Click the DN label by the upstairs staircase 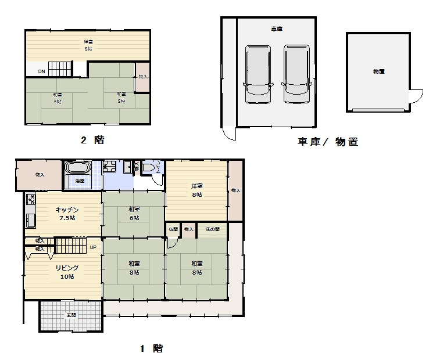pos(41,71)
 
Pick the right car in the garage pos(296,74)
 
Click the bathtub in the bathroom pos(77,168)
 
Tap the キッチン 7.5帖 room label pos(67,214)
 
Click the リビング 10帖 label pos(67,272)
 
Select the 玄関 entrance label pos(71,315)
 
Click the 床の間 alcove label pos(212,230)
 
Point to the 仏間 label pos(173,230)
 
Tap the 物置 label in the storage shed pos(379,71)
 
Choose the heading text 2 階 pos(93,140)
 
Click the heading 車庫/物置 pos(327,141)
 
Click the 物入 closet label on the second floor pos(143,77)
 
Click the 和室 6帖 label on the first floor pos(134,213)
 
